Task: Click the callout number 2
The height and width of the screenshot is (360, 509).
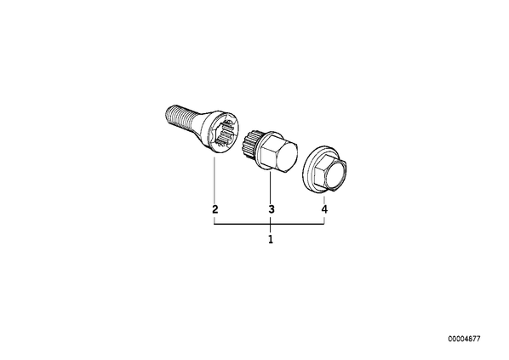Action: pos(214,209)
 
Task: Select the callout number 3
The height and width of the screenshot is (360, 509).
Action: pos(272,209)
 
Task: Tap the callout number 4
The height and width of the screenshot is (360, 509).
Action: pos(324,209)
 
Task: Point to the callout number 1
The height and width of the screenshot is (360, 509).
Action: pos(271,239)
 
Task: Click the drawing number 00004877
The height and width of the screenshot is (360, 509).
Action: pos(464,339)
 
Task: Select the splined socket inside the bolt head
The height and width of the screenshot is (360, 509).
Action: pos(224,132)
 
